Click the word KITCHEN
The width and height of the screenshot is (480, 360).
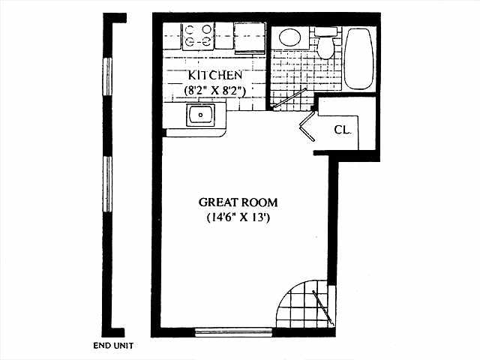(214, 75)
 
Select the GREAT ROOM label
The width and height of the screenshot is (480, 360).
(238, 202)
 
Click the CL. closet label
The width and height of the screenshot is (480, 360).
(343, 130)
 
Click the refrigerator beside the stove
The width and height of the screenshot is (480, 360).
(249, 35)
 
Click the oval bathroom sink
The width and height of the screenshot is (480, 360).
(289, 37)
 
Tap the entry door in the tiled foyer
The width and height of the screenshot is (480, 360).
(322, 308)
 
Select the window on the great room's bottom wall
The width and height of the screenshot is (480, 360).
(223, 331)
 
